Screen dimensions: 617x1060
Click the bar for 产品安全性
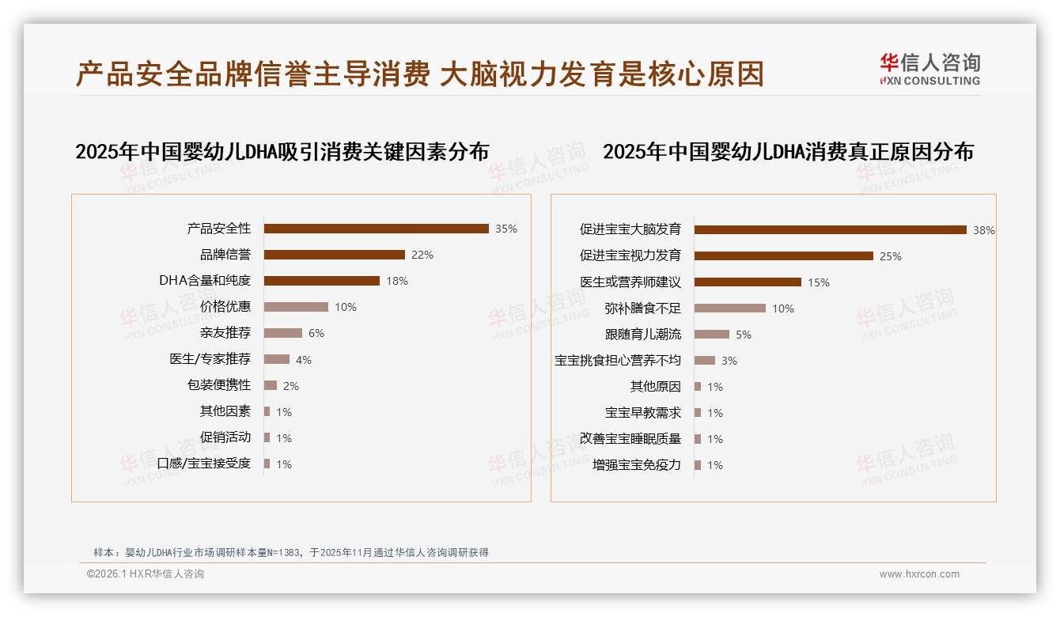tap(376, 229)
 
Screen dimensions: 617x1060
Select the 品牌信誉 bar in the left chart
tap(334, 255)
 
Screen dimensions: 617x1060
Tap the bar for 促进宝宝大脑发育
tap(830, 229)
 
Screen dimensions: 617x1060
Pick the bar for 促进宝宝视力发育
tap(783, 256)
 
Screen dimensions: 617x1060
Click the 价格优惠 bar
tap(296, 307)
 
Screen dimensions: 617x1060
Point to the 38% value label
tap(983, 230)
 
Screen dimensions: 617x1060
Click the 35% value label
tap(505, 229)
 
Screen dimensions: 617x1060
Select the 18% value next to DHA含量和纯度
tap(396, 281)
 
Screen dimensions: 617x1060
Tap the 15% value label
tap(818, 282)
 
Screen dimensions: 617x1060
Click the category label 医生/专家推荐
tap(210, 359)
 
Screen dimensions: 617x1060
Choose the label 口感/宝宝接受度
tap(203, 464)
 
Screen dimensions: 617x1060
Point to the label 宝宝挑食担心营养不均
tap(617, 361)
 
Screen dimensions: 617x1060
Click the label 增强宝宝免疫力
tap(636, 465)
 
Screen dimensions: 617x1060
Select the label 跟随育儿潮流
tap(642, 335)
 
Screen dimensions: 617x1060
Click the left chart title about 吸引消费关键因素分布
tap(282, 152)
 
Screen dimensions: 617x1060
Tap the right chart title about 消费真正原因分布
tap(788, 152)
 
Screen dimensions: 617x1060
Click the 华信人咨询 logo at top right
tap(929, 70)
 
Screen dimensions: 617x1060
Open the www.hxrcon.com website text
tap(919, 574)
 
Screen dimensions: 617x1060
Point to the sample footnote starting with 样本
tap(291, 552)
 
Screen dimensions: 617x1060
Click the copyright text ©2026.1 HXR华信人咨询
tap(146, 574)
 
